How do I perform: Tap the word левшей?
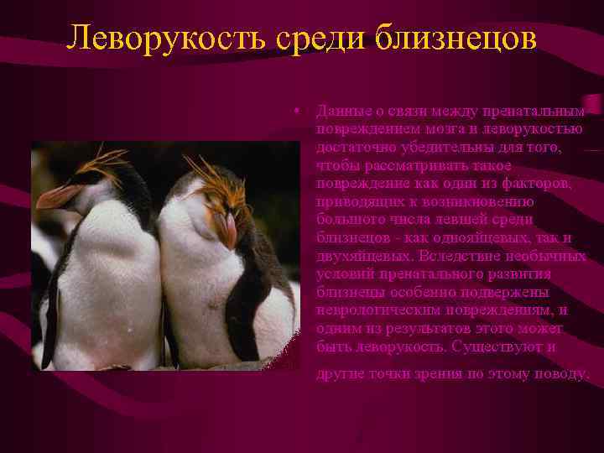pyautogui.click(x=452, y=219)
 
